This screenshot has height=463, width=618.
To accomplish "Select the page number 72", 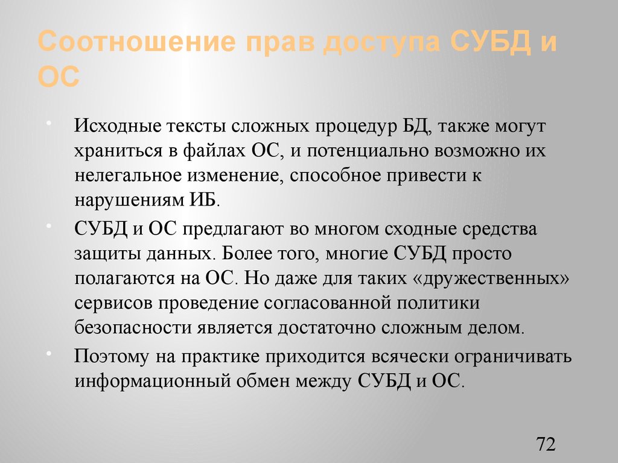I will pyautogui.click(x=545, y=445).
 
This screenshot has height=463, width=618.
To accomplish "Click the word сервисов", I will pyautogui.click(x=113, y=303).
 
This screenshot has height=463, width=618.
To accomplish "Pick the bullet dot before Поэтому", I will pyautogui.click(x=64, y=351).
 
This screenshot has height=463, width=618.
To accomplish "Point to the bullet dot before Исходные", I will pyautogui.click(x=64, y=122).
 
